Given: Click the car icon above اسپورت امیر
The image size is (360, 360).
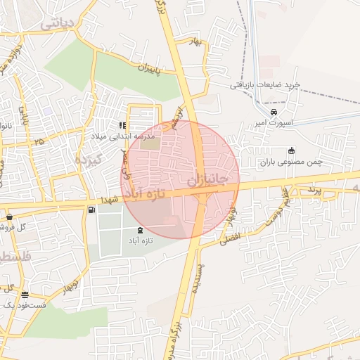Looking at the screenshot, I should (274, 112).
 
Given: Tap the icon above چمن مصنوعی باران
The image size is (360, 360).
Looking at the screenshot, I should (291, 150).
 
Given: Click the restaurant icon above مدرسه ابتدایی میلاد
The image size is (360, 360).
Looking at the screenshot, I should (124, 125).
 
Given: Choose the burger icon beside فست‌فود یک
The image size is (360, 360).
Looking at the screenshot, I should (25, 295).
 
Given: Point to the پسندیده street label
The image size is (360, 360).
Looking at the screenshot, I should (199, 278).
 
